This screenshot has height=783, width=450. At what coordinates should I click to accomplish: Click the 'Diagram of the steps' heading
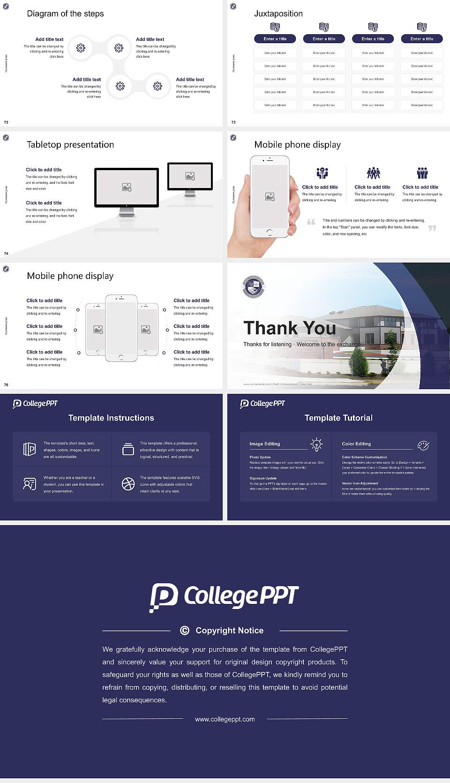click(65, 14)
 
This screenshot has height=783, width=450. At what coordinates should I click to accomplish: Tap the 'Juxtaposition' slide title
click(278, 14)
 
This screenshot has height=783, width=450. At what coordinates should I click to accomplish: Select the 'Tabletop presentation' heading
click(70, 144)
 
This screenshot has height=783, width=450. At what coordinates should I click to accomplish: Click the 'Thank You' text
click(289, 328)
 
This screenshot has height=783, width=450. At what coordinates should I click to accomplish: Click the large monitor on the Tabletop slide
click(127, 188)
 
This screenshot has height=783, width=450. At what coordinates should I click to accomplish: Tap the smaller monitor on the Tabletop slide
click(190, 176)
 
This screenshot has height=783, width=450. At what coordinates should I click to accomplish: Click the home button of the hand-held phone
click(269, 232)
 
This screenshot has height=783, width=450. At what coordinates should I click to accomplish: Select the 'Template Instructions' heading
click(111, 418)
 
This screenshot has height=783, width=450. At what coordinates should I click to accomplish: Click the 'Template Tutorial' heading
click(338, 418)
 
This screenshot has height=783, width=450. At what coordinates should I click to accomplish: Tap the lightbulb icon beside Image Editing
click(316, 444)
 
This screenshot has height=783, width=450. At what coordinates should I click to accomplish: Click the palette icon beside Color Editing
click(423, 445)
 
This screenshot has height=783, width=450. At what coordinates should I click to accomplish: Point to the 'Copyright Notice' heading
click(229, 631)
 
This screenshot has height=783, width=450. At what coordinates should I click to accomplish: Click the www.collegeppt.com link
click(225, 719)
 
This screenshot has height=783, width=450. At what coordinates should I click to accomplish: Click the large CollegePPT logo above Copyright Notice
click(224, 597)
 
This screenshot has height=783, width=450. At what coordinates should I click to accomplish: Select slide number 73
click(233, 122)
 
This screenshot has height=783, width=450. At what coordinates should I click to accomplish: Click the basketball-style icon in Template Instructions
click(128, 484)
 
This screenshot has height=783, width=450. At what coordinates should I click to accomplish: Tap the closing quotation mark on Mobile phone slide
click(432, 228)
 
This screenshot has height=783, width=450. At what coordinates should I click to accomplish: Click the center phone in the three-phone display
click(121, 328)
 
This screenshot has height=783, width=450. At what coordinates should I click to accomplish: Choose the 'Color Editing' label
click(356, 444)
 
